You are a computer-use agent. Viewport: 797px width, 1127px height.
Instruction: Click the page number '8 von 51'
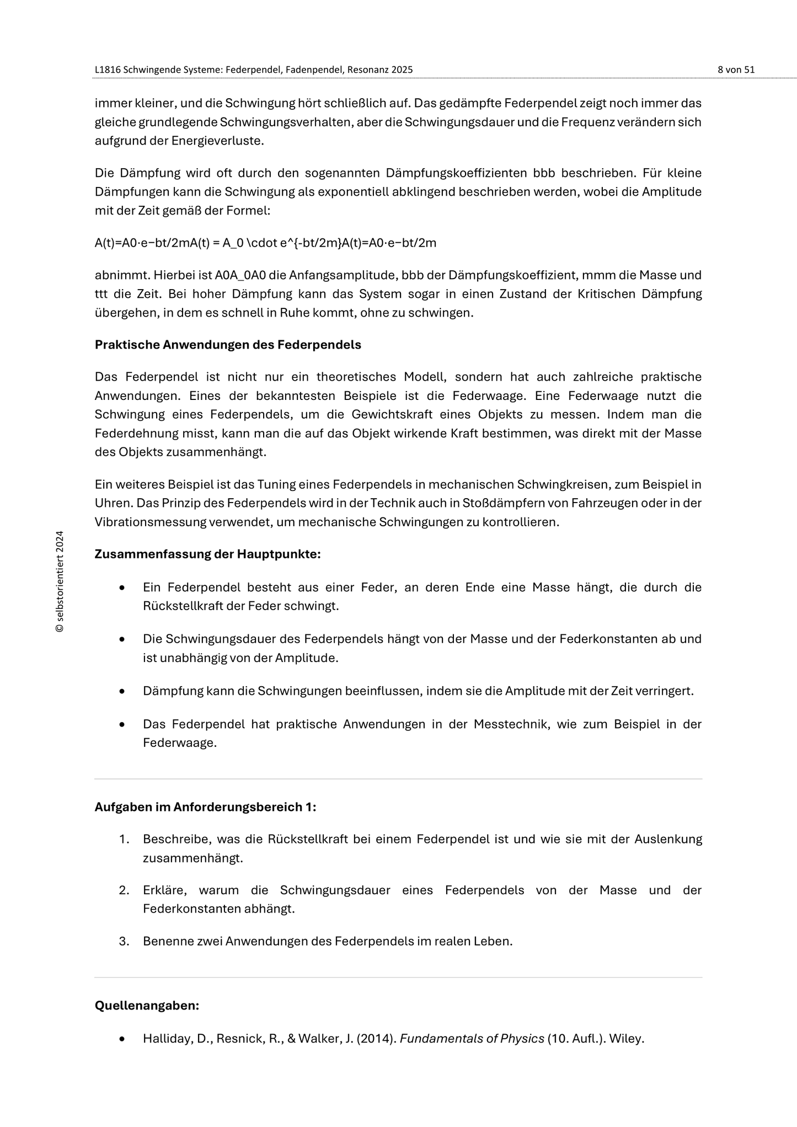(736, 70)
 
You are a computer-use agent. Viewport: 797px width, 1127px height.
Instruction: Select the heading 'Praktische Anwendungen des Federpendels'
(228, 345)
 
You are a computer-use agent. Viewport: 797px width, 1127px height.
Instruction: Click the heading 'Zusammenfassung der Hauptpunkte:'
(207, 554)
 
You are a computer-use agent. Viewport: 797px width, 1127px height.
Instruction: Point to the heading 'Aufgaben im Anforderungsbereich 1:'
(205, 807)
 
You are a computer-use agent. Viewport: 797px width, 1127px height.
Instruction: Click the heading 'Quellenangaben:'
(147, 1006)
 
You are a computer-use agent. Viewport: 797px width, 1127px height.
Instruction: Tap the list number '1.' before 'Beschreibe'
(124, 839)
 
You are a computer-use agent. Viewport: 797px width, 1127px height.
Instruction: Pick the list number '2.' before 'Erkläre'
(124, 890)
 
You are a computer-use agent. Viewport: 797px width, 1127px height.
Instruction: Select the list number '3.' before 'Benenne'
(124, 941)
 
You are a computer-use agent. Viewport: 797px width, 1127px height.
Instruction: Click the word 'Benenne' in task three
(165, 941)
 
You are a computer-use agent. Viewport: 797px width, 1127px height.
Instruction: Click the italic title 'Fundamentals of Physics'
(472, 1039)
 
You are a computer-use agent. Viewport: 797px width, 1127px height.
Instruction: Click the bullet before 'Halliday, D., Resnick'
(122, 1039)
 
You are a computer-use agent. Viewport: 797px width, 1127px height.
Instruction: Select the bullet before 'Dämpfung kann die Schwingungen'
(122, 691)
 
